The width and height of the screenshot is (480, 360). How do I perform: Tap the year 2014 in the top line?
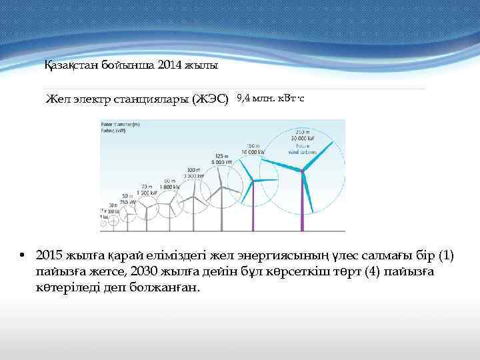(x=167, y=65)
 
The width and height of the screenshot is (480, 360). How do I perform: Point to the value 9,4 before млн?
(x=243, y=99)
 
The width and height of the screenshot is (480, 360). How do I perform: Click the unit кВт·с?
(x=291, y=99)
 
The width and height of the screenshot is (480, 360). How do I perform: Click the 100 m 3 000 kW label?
(x=194, y=173)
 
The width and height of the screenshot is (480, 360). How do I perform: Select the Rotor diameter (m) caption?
(x=120, y=124)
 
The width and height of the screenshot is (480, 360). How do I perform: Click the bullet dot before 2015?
(x=22, y=256)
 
